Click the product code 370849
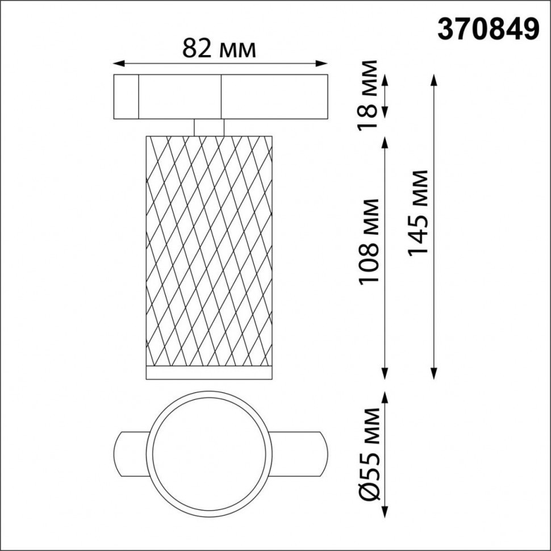pyautogui.click(x=487, y=30)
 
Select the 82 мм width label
pyautogui.click(x=219, y=49)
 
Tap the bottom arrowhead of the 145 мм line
pyautogui.click(x=435, y=375)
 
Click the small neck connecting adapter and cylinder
pyautogui.click(x=208, y=127)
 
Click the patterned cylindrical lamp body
pyautogui.click(x=208, y=250)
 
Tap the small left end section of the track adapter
pyautogui.click(x=127, y=97)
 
